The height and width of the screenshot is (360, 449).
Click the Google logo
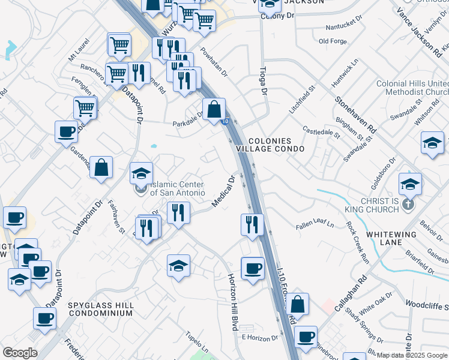20,353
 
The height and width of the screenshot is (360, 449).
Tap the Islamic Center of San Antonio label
177,188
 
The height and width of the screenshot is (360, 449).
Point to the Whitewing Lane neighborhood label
405,238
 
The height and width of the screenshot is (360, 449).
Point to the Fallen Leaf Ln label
315,225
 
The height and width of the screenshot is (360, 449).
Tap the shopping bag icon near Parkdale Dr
214,110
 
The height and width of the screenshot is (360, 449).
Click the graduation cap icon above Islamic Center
142,174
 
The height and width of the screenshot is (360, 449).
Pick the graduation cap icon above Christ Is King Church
410,184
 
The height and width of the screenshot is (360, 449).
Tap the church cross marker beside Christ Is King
408,205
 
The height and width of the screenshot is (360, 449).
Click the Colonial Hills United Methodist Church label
412,88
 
